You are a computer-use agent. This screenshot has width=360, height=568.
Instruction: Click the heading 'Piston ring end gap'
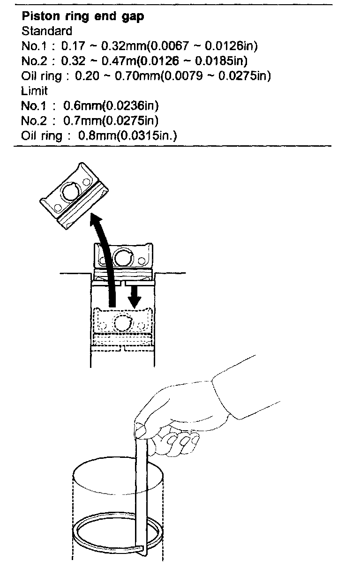(x=83, y=17)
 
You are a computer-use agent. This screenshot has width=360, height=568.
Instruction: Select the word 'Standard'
(x=47, y=31)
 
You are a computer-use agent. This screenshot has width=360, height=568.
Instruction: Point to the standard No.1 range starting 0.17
(x=159, y=46)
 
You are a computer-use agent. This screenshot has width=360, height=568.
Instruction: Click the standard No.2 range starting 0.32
(x=154, y=61)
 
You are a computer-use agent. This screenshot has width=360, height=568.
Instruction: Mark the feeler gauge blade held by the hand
(x=142, y=492)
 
